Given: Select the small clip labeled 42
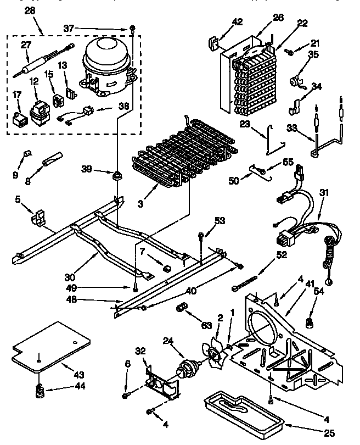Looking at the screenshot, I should click(x=211, y=43).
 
